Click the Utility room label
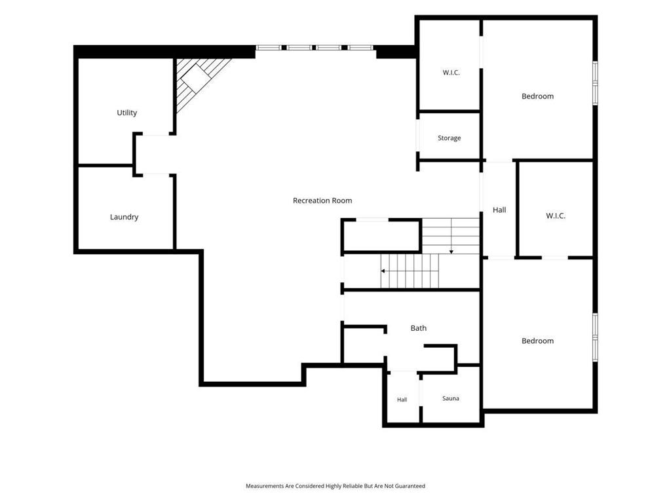point(126,113)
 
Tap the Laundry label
point(124,217)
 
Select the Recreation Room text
point(322,200)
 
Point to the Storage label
point(450,138)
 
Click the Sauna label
point(451,398)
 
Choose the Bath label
point(419,328)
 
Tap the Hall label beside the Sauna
point(402,400)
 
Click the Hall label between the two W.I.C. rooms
point(499,210)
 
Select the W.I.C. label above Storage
point(451,73)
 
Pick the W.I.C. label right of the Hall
point(556,216)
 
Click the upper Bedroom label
point(537,96)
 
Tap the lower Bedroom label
point(537,341)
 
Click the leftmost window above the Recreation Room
point(269,47)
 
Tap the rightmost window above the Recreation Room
point(360,47)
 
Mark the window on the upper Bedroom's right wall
point(595,83)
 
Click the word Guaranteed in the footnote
point(410,486)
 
